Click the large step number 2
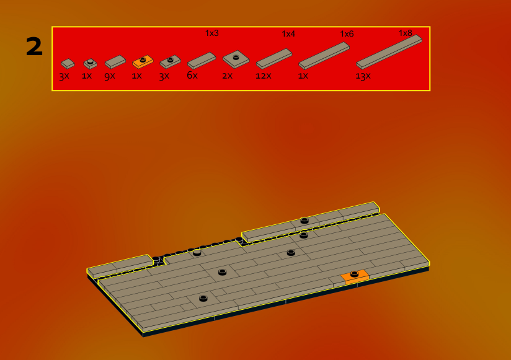coord(34,46)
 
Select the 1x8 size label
coord(406,33)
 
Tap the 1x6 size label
coord(347,34)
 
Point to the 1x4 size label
coord(288,34)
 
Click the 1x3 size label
coord(212,33)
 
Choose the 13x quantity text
coord(363,76)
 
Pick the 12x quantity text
coord(264,76)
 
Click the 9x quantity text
coord(110,76)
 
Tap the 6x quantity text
coord(192,76)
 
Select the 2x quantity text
coord(227,76)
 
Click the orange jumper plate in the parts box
coord(143,61)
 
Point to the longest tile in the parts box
coord(389,52)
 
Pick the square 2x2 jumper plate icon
coord(236,59)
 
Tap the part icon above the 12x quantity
coord(274,59)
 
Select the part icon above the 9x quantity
coord(115,61)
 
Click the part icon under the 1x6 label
coord(324,56)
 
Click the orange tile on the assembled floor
coord(355,277)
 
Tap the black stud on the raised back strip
coord(304,221)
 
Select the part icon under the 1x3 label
coord(202,61)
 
